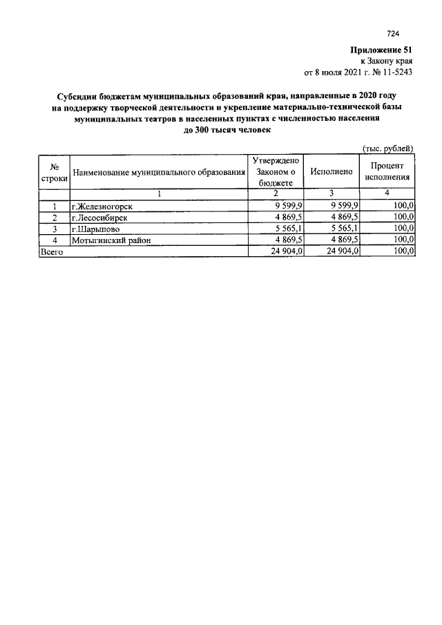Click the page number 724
(x=394, y=33)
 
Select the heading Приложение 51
(x=383, y=50)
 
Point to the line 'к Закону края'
(x=390, y=61)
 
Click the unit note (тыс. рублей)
(x=388, y=148)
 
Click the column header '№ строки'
(x=54, y=171)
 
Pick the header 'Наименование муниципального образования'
(x=159, y=172)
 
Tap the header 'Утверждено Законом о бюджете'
(x=276, y=171)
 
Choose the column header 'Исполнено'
(x=332, y=171)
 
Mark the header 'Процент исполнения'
(x=387, y=171)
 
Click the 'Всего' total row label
(x=51, y=251)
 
